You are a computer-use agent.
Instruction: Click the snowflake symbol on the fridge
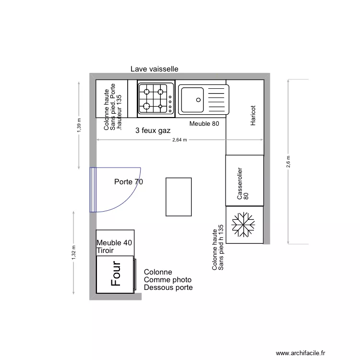(243, 225)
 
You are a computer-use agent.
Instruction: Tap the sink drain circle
(198, 100)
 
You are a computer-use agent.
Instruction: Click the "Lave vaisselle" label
(154, 69)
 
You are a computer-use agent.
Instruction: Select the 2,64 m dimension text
(180, 140)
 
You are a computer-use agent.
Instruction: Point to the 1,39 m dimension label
(79, 125)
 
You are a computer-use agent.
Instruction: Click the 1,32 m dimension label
(73, 253)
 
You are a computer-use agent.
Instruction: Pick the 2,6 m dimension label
(288, 162)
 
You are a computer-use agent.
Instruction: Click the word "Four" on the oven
(116, 274)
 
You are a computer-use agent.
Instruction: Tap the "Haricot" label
(253, 116)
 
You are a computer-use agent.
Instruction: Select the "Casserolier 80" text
(243, 183)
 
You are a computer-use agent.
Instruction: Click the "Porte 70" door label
(129, 182)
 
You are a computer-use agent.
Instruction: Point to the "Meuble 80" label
(204, 123)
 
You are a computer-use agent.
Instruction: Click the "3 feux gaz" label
(153, 131)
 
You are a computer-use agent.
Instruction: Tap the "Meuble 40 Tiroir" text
(114, 247)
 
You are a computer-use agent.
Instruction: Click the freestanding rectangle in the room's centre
(179, 197)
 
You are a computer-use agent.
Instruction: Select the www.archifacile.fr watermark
(300, 353)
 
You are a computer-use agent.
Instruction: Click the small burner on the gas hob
(160, 106)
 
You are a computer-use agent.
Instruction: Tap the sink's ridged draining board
(216, 100)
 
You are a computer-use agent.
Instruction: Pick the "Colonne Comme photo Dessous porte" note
(168, 280)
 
